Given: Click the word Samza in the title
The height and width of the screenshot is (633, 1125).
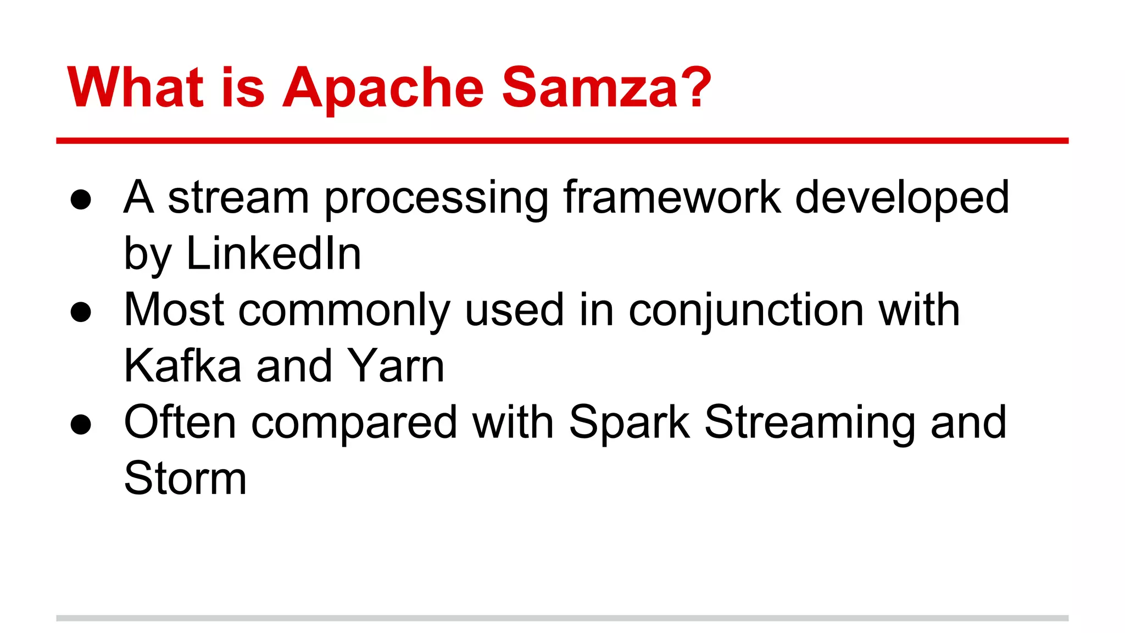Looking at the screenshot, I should click(590, 88).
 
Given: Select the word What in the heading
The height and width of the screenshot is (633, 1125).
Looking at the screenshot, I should click(135, 88).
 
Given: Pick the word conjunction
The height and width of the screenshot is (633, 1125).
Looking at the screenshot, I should click(747, 311).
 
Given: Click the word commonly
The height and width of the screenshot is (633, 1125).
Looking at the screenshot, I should click(344, 311).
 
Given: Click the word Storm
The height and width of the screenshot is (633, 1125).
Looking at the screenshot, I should click(185, 478).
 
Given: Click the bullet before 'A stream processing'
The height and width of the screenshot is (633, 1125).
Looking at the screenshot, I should click(81, 200).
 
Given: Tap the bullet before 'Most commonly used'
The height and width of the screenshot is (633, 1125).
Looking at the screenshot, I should click(81, 312).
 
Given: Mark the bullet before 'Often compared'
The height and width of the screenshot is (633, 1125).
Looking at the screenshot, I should click(81, 424).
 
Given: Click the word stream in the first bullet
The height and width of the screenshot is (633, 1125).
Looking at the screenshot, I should click(238, 198).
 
